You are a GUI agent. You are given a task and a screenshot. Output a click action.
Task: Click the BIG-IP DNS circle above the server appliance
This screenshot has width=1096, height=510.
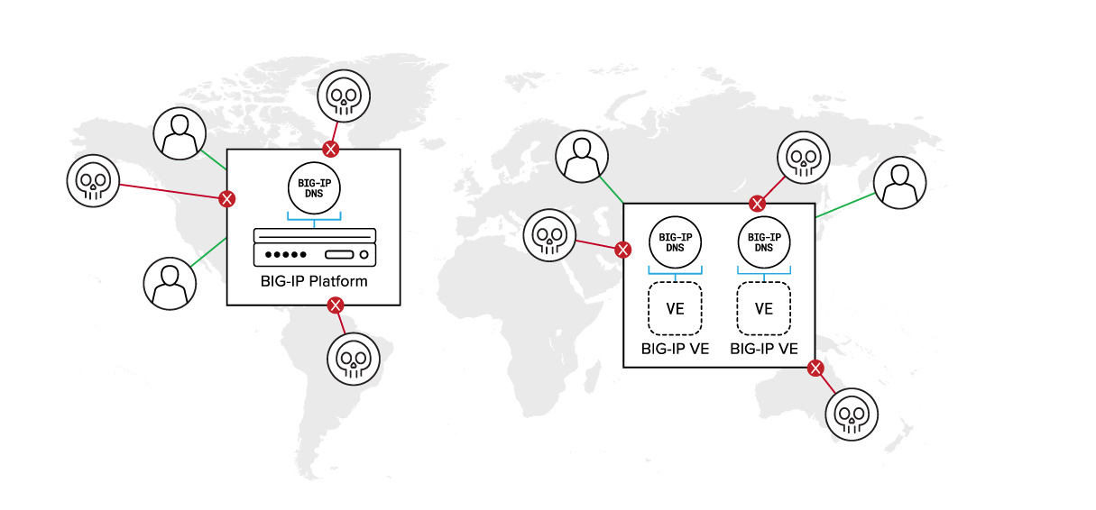[314, 188]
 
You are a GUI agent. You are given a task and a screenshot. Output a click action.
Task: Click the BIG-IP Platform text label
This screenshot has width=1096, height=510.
[314, 282]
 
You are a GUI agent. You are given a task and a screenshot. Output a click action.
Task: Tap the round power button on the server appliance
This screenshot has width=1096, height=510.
[364, 255]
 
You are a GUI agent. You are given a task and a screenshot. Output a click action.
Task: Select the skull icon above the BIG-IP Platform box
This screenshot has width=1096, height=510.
[344, 96]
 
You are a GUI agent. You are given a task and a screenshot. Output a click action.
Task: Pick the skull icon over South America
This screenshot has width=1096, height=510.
[354, 359]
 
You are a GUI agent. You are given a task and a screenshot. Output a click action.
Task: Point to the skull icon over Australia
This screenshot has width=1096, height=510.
[852, 414]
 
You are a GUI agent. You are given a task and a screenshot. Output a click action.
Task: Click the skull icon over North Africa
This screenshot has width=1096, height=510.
[549, 235]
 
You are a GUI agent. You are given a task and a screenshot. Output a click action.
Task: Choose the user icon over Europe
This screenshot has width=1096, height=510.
[582, 157]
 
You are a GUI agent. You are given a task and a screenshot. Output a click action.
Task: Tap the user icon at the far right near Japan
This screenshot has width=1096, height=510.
[899, 183]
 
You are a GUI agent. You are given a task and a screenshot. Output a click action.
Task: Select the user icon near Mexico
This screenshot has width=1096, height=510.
[170, 284]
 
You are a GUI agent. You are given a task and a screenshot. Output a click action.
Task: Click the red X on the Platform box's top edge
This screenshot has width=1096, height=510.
[331, 150]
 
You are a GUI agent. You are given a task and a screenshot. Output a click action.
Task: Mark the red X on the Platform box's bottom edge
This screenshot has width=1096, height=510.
[336, 306]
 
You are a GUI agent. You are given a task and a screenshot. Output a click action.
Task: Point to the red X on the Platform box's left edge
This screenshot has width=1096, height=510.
[227, 199]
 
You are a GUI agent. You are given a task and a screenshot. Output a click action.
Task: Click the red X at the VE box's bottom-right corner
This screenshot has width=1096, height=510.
[815, 369]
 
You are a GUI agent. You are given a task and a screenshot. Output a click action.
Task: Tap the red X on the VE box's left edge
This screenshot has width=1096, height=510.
[622, 250]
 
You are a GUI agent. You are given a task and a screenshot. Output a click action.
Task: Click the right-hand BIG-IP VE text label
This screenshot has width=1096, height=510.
[764, 349]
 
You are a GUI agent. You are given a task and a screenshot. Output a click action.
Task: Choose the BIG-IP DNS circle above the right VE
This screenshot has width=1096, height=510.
[764, 242]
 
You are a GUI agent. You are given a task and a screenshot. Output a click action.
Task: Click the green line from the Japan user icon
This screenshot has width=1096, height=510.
[845, 205]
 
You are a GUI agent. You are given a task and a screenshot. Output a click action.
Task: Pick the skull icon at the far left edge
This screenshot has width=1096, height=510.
[93, 181]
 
